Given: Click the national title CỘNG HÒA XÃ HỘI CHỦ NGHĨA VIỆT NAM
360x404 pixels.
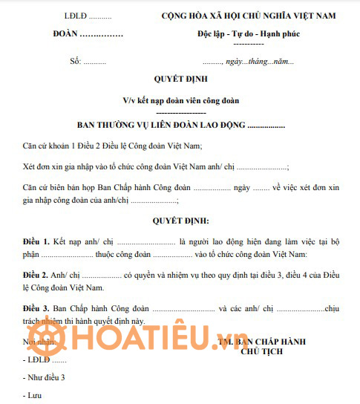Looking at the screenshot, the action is (x=249, y=16).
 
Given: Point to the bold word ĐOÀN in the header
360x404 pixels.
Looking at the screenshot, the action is (x=67, y=34).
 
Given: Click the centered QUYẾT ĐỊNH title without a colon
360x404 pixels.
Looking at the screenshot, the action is (x=180, y=78).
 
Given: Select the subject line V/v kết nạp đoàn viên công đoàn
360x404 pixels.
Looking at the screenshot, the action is (x=180, y=100).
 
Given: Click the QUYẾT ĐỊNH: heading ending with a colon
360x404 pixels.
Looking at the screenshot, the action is (x=180, y=221).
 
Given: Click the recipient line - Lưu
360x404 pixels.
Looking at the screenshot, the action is (x=33, y=396).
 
